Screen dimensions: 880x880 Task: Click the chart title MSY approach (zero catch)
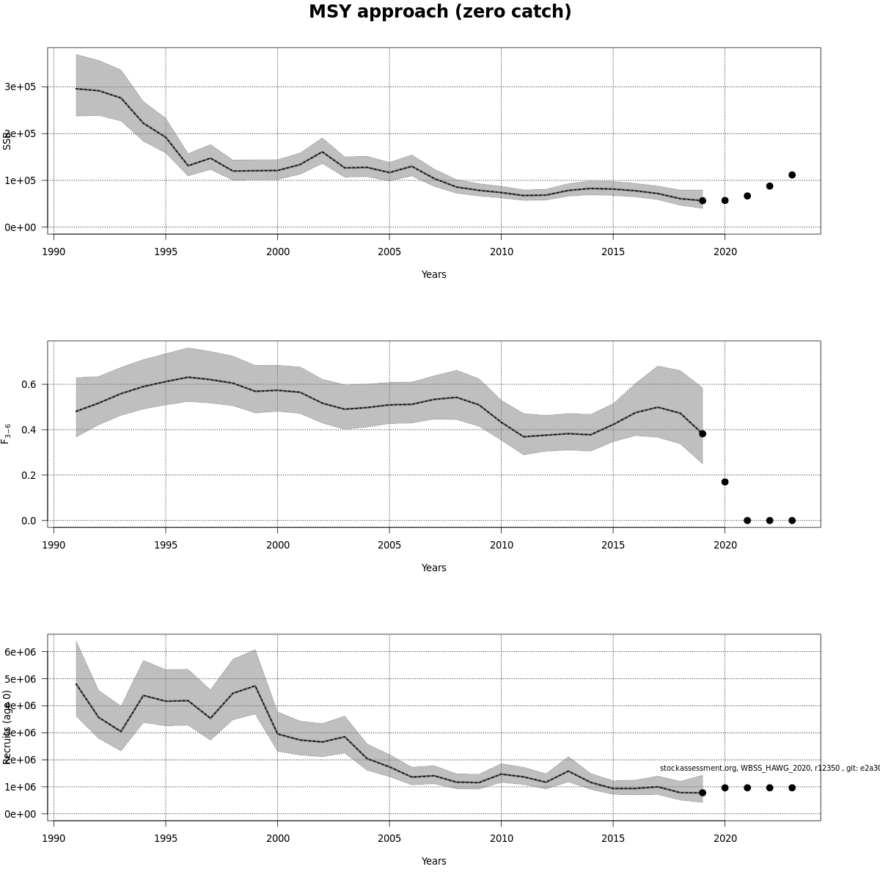pos(440,12)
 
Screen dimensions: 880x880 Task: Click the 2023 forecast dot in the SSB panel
pos(792,175)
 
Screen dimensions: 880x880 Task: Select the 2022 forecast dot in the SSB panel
pos(769,186)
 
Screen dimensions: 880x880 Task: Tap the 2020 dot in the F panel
pos(725,482)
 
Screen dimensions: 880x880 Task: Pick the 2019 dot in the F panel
pos(703,433)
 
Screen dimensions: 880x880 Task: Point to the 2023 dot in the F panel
pos(792,520)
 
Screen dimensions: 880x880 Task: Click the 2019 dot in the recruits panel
pos(703,793)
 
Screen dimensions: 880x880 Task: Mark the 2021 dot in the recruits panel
pos(747,788)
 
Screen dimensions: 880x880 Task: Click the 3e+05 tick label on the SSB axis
pos(20,87)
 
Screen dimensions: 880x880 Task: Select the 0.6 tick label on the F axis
pos(29,384)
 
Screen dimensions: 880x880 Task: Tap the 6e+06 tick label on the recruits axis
pos(20,652)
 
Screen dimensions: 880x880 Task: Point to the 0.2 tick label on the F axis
pos(29,475)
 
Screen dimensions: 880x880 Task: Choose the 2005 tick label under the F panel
pos(389,546)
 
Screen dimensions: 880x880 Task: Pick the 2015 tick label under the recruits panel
pos(612,839)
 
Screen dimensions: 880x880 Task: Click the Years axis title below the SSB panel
pos(433,274)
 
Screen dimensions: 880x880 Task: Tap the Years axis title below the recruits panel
pos(433,861)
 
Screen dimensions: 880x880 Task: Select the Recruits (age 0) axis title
pos(7,726)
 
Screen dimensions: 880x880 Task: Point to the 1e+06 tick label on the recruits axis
pos(20,787)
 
